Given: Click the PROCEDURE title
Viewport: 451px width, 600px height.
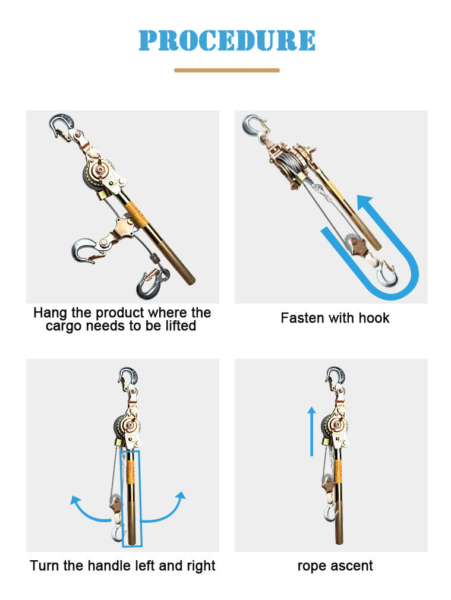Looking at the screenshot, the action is click(x=227, y=40).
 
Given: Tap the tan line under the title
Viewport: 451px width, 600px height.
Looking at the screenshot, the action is click(x=227, y=71).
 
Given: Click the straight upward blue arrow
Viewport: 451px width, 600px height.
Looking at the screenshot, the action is click(x=311, y=431).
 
